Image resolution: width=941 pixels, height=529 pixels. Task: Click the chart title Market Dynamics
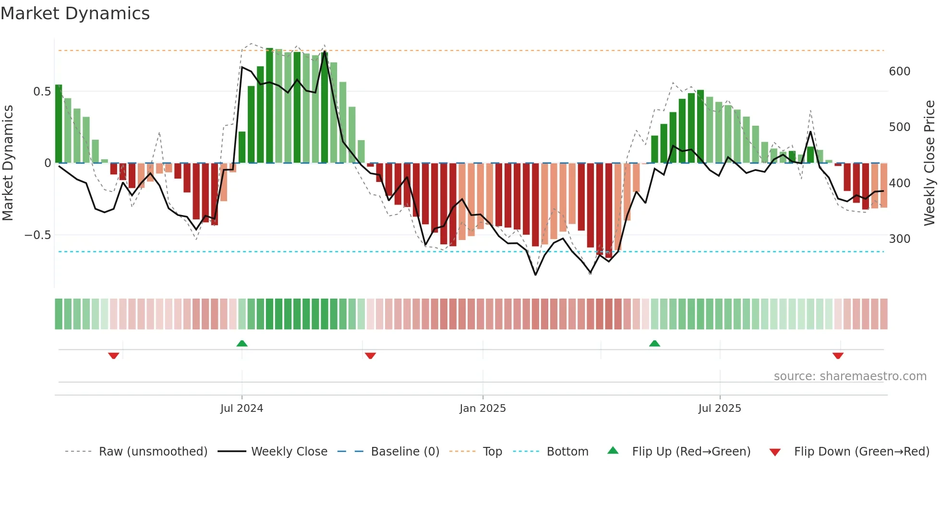75,13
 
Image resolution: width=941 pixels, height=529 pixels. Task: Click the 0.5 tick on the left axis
42,91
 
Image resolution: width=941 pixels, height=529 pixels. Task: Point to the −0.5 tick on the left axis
37,235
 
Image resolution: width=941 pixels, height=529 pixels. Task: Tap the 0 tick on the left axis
48,163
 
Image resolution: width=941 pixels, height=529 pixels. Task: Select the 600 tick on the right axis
899,72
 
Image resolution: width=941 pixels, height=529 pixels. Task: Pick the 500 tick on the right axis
899,127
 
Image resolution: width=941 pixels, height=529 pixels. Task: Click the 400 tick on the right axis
899,183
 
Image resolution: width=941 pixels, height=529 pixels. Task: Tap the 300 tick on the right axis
899,239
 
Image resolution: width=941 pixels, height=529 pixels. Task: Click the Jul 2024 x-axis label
241,409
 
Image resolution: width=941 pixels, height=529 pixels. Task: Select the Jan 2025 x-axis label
483,409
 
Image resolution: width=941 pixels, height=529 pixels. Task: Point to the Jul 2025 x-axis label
720,409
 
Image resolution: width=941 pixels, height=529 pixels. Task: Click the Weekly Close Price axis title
930,163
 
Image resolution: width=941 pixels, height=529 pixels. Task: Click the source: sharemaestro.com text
850,376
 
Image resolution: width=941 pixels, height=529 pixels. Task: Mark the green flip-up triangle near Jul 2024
242,344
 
